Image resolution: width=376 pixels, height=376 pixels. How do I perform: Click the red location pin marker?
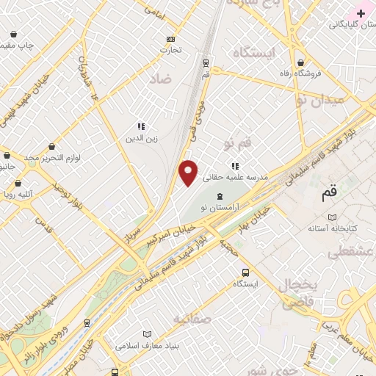coord(189,173)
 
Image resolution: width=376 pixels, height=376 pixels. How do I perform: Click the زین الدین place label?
coord(141,138)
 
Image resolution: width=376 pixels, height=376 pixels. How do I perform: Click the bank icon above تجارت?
coord(171,39)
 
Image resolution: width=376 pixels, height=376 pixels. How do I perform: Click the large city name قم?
coord(330,194)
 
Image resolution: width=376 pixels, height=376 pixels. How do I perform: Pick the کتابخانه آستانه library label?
coord(332,229)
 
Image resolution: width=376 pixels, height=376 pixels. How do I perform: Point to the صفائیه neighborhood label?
coord(192,319)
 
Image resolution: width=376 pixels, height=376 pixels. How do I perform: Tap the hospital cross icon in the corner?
coord(361,13)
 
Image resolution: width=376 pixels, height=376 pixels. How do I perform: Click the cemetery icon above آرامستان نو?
coord(221,197)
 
